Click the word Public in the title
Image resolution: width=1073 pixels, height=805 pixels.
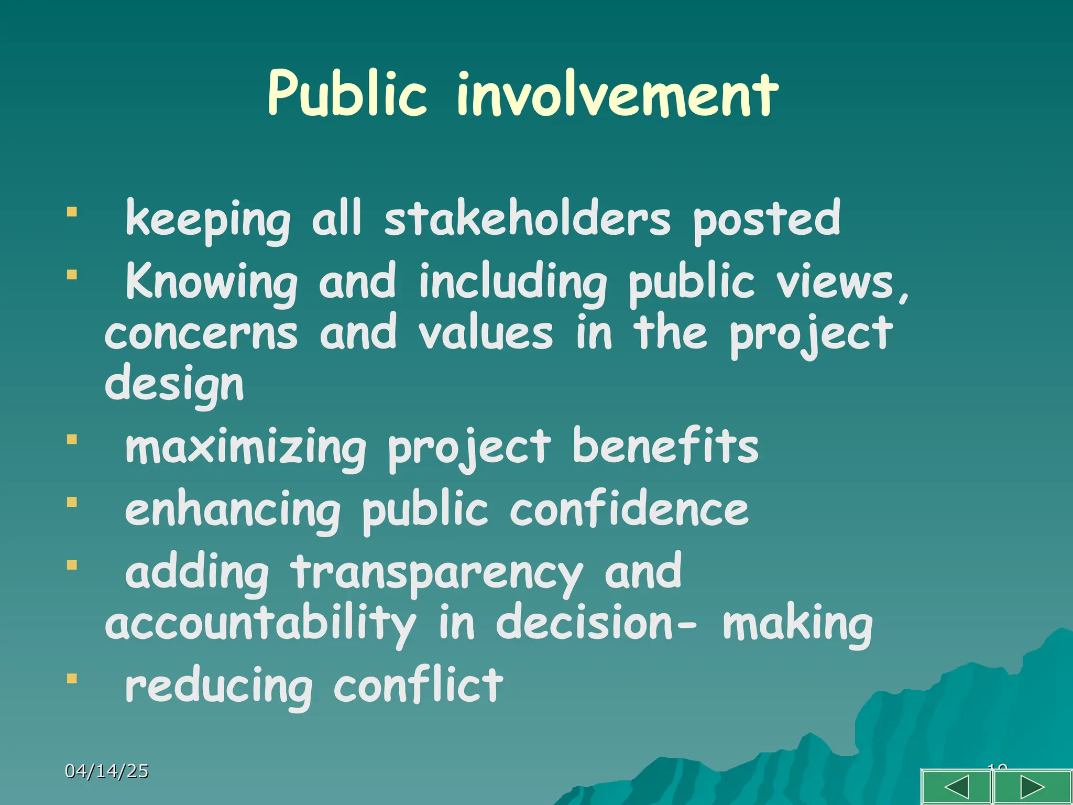pos(347,94)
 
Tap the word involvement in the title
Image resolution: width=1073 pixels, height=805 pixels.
pos(617,94)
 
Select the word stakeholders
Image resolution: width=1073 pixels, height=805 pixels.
pos(527,219)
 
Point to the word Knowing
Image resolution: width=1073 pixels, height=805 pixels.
pos(212,282)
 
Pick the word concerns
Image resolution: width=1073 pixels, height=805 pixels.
pos(201,334)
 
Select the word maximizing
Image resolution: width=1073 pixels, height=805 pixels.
pos(246,448)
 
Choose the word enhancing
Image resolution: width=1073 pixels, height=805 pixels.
pos(233,511)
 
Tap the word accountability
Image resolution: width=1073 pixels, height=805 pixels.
pos(260,624)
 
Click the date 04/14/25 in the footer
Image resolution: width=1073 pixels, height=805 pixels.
pos(107,771)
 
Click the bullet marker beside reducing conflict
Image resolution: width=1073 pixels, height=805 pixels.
pos(72,679)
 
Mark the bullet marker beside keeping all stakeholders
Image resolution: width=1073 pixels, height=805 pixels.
pos(72,212)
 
